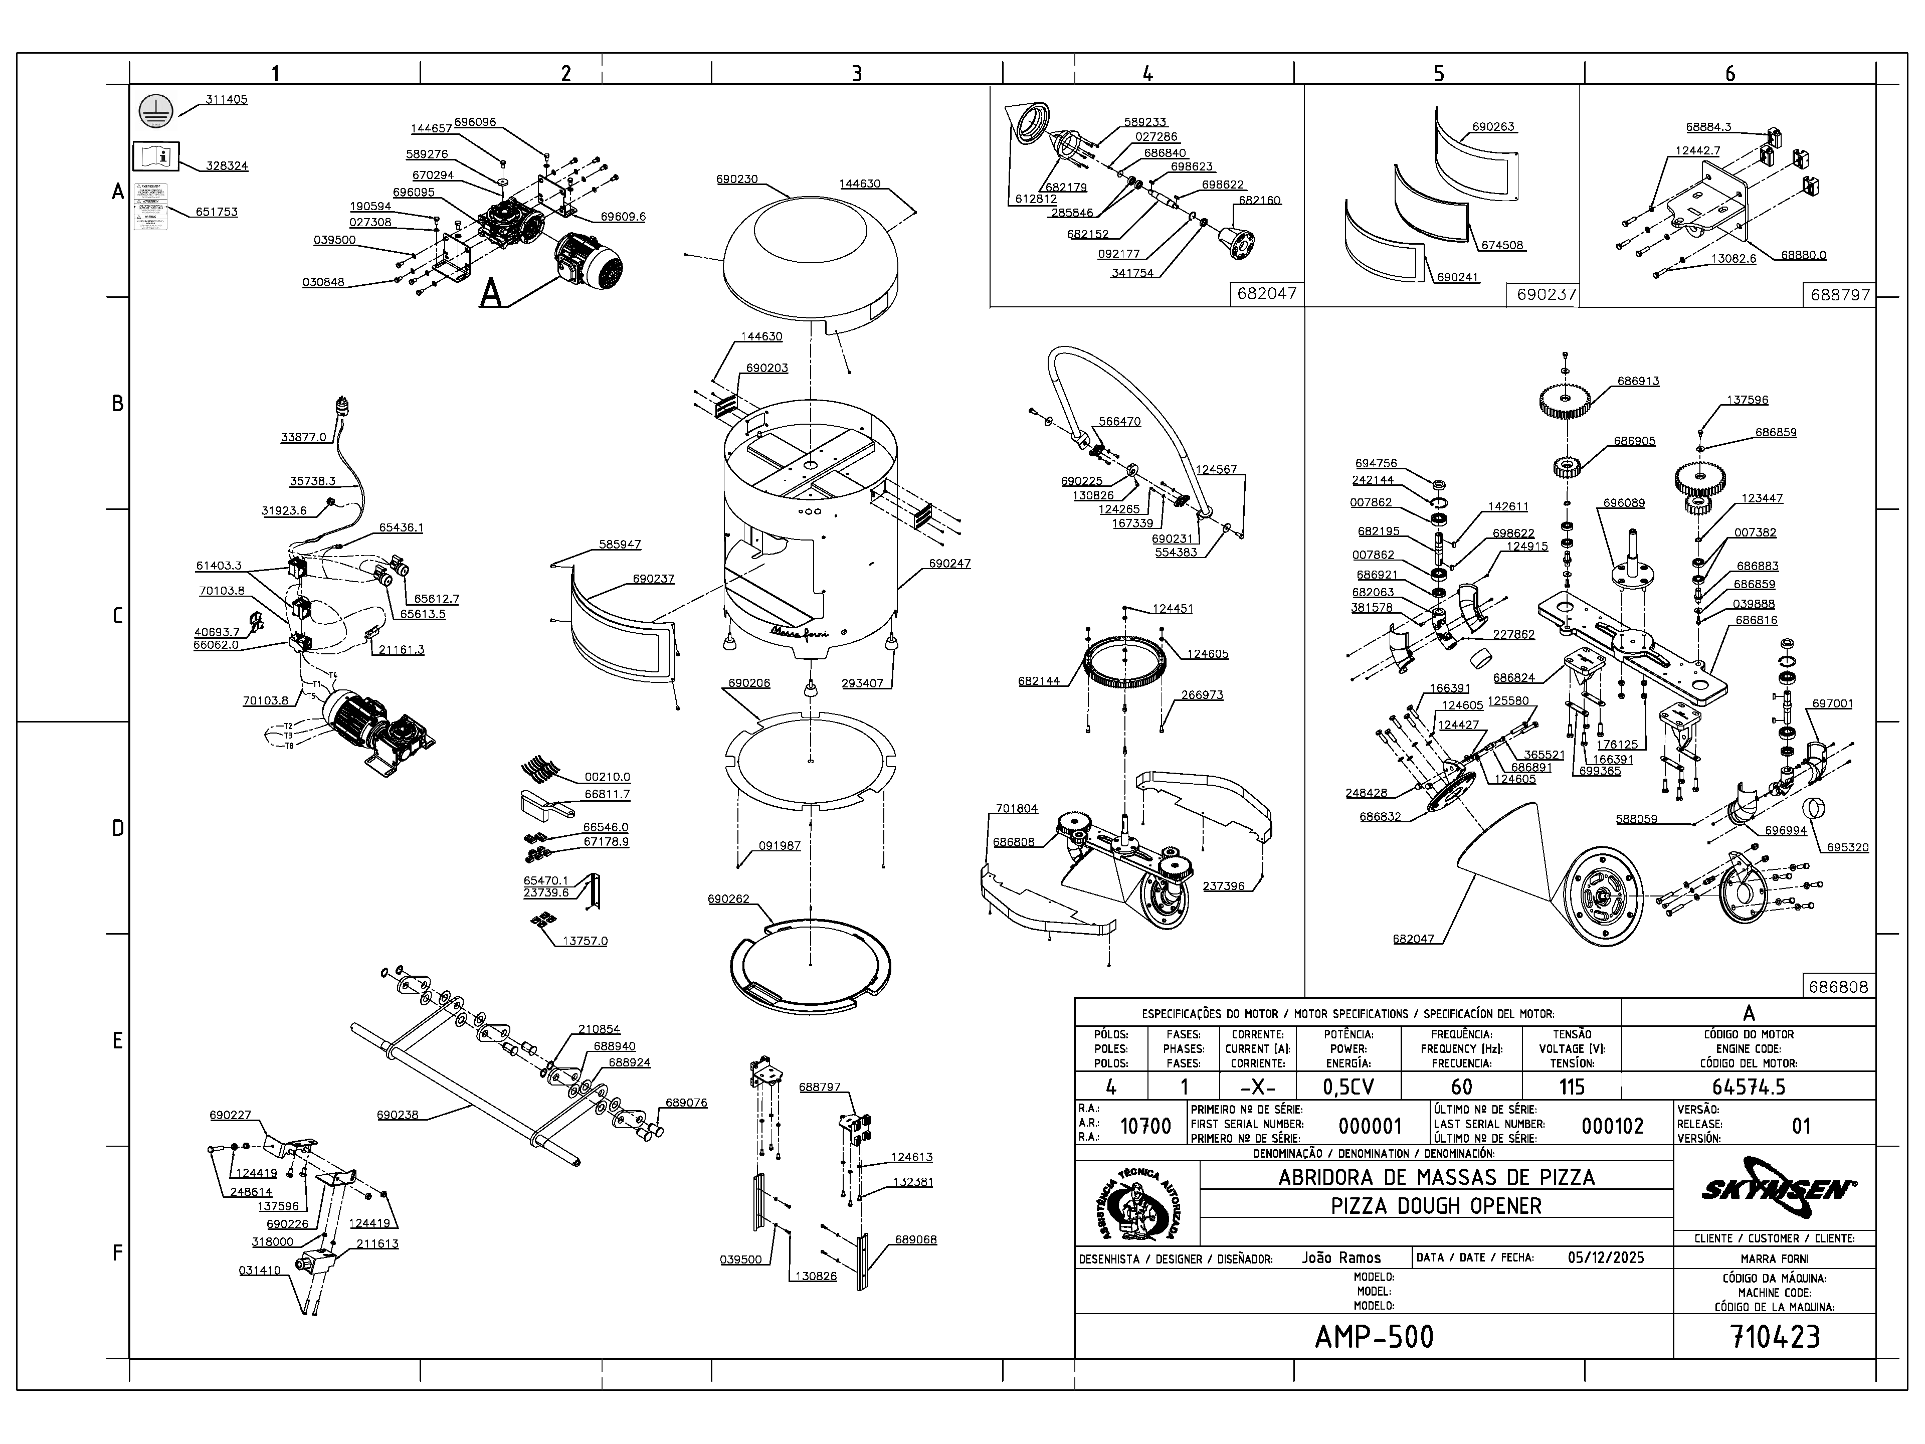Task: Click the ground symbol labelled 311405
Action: (156, 110)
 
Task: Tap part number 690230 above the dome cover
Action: (736, 179)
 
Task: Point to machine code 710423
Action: (1775, 1336)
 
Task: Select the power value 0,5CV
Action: (1348, 1087)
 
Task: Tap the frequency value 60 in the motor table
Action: (1461, 1087)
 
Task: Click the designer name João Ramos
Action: (1341, 1257)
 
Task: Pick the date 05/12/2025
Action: (1606, 1257)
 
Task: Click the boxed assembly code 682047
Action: (1266, 293)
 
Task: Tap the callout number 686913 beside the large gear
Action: (1638, 381)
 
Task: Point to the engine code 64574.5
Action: (1749, 1087)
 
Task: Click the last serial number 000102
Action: (1612, 1126)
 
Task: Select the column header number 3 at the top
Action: (856, 73)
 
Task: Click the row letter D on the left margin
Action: (117, 828)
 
